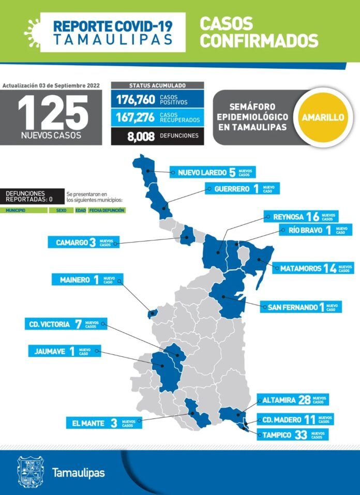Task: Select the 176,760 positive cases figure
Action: (x=135, y=99)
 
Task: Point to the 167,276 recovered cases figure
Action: (x=135, y=117)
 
